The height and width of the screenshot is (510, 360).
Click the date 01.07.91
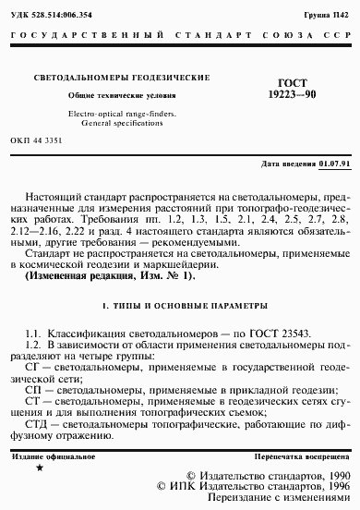(333, 164)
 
